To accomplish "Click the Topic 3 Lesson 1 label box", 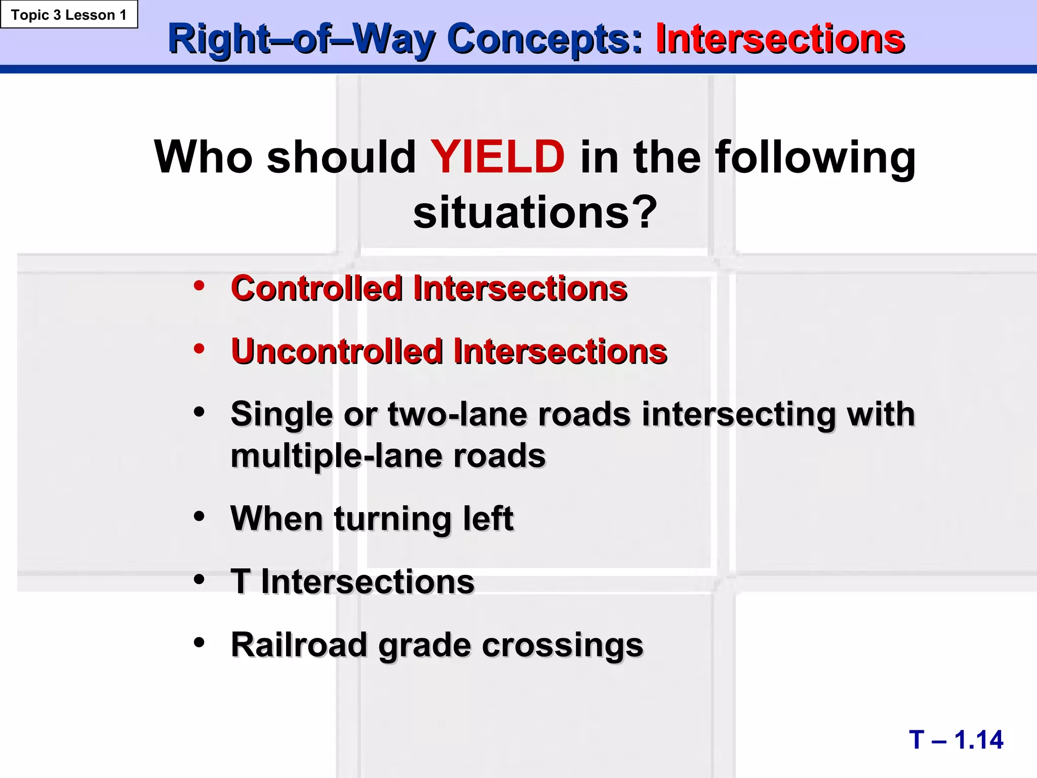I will pos(69,15).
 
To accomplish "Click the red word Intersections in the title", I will pos(780,39).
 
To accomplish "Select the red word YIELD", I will pos(497,157).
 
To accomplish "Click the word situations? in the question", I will pos(535,213).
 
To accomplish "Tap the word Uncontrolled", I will pos(337,352).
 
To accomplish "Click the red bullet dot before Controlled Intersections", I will pos(199,286).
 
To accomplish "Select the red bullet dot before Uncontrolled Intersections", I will pos(199,348).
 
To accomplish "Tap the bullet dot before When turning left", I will pos(199,517).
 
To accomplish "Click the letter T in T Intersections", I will pos(240,581).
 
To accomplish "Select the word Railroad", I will pos(299,645).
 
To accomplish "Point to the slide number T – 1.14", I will pos(955,740).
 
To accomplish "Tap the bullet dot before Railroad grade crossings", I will pos(199,643).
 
